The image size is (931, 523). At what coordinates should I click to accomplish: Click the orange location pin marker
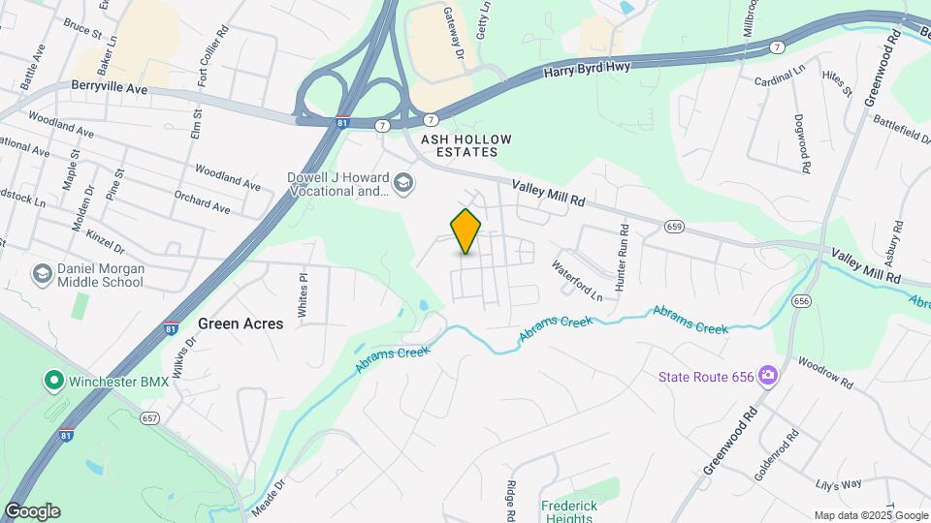tap(465, 231)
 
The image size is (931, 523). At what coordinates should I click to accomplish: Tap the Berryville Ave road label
tap(109, 87)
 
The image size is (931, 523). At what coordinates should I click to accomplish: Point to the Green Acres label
tap(241, 323)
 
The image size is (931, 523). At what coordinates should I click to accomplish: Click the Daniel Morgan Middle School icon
tap(43, 274)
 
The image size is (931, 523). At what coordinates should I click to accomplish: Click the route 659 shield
tap(675, 226)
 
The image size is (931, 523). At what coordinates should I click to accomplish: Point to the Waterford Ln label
tap(576, 279)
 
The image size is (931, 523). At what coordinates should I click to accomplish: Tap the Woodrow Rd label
tap(825, 374)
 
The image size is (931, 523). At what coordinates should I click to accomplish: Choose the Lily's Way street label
tap(839, 484)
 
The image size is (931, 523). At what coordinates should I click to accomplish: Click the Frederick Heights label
tap(569, 510)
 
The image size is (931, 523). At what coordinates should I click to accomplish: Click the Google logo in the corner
tap(31, 511)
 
